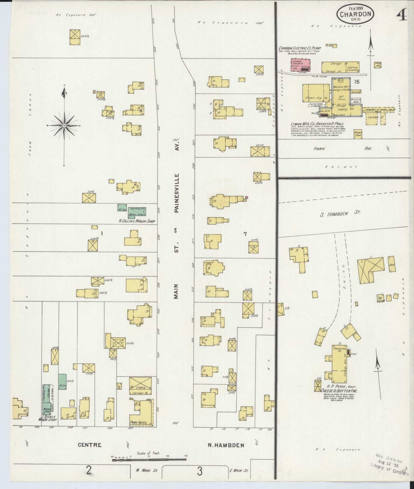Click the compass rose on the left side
[64, 126]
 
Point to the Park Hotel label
[138, 423]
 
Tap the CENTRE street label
[90, 453]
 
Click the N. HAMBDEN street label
[226, 453]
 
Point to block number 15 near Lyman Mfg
[356, 82]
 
